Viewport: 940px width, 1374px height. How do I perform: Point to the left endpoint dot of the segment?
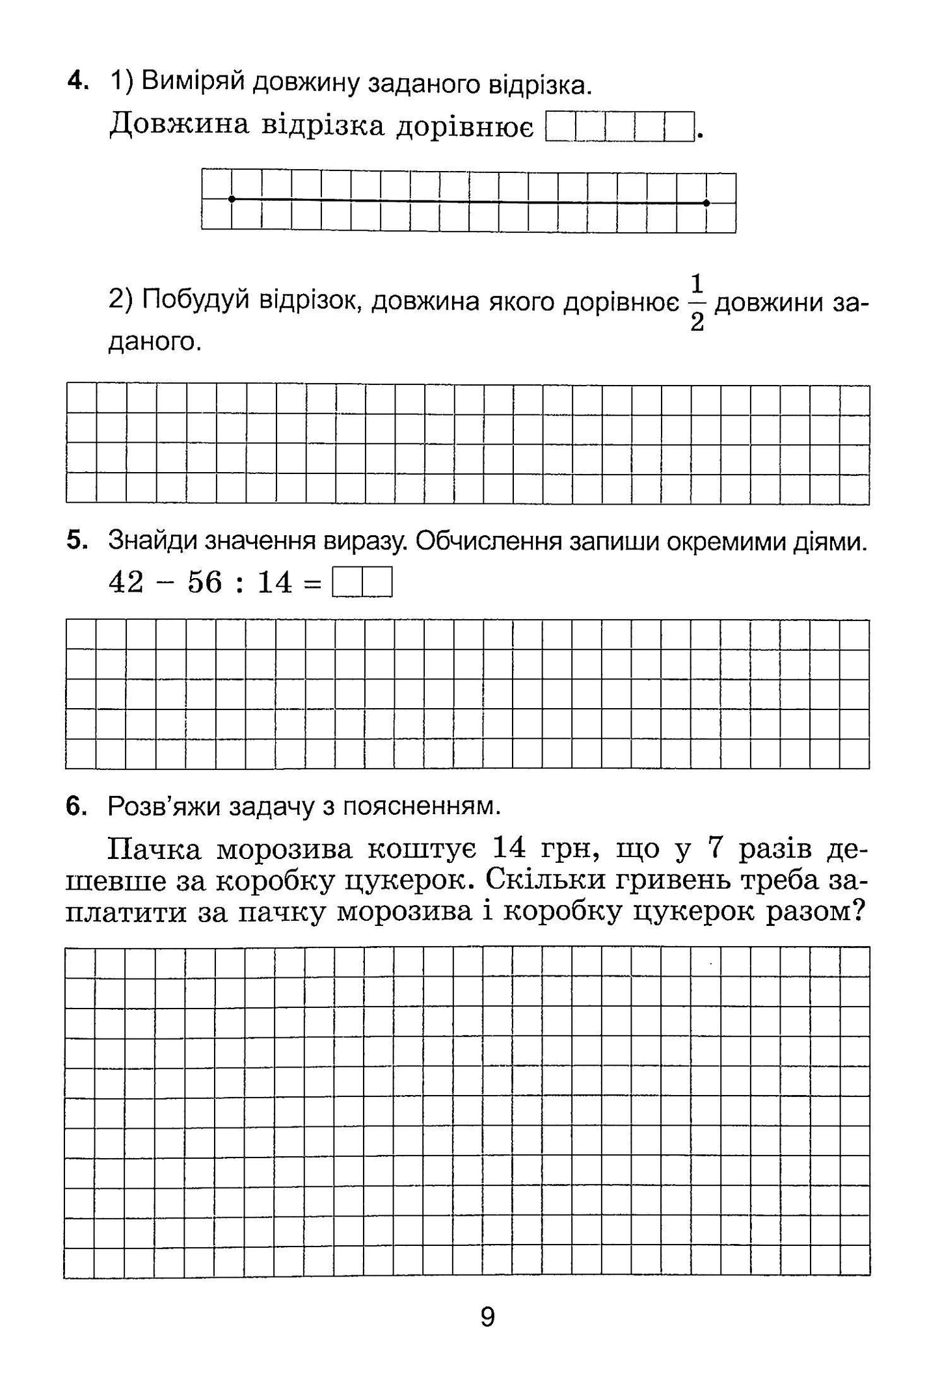pyautogui.click(x=232, y=199)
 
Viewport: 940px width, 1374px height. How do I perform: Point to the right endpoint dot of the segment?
pyautogui.click(x=706, y=203)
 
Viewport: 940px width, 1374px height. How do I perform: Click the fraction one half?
pyautogui.click(x=697, y=302)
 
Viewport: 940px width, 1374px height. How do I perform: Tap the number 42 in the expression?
pyautogui.click(x=126, y=582)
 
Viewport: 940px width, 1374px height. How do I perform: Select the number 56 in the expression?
pyautogui.click(x=205, y=582)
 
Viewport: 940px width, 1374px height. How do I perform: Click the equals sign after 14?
pyautogui.click(x=313, y=583)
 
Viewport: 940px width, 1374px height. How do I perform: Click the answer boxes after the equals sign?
pyautogui.click(x=362, y=583)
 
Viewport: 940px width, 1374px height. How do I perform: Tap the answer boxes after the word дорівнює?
pyautogui.click(x=619, y=127)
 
